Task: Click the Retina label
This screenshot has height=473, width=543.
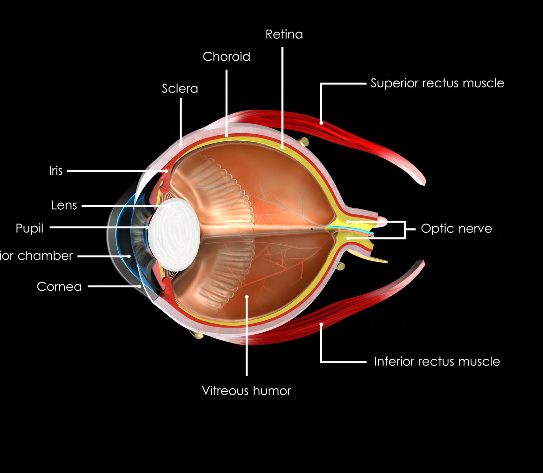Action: pyautogui.click(x=284, y=34)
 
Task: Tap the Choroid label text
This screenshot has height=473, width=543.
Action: pyautogui.click(x=227, y=57)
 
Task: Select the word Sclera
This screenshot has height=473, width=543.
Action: pyautogui.click(x=180, y=89)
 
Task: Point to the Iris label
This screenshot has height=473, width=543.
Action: pyautogui.click(x=56, y=171)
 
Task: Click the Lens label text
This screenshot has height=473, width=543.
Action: pyautogui.click(x=64, y=205)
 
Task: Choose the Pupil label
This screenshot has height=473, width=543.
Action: pyautogui.click(x=29, y=228)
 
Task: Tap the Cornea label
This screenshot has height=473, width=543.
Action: pyautogui.click(x=59, y=287)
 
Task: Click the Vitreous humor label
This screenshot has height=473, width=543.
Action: pyautogui.click(x=247, y=391)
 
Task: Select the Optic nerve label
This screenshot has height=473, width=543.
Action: pyautogui.click(x=456, y=229)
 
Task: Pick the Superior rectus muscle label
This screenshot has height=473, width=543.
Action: pyautogui.click(x=437, y=83)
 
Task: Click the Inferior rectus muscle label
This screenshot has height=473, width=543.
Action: pyautogui.click(x=437, y=362)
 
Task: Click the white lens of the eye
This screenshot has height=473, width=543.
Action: pyautogui.click(x=174, y=235)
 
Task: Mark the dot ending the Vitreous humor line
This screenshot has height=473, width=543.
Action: pyautogui.click(x=247, y=297)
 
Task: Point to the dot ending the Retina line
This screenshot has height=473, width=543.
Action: pyautogui.click(x=283, y=147)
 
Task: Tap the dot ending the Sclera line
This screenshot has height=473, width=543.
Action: pyautogui.click(x=181, y=144)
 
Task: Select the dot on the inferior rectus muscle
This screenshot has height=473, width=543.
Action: pyautogui.click(x=322, y=324)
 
